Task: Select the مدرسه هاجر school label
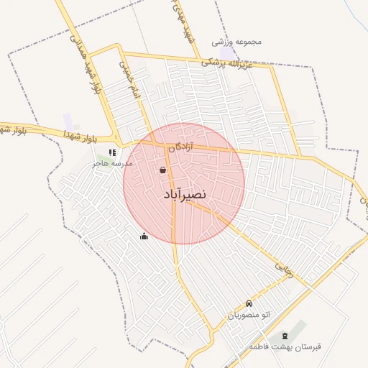pos(112,164)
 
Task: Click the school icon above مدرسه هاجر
pos(111,152)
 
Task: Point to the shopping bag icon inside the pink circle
pos(162,170)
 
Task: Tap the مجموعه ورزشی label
pos(236,41)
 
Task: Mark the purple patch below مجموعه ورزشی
pos(227,53)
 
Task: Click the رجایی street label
pos(285,270)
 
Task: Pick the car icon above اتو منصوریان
pos(249,303)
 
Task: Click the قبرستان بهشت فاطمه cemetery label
pos(285,347)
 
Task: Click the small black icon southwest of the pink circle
pos(144,236)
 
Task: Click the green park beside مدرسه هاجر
pos(101,156)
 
